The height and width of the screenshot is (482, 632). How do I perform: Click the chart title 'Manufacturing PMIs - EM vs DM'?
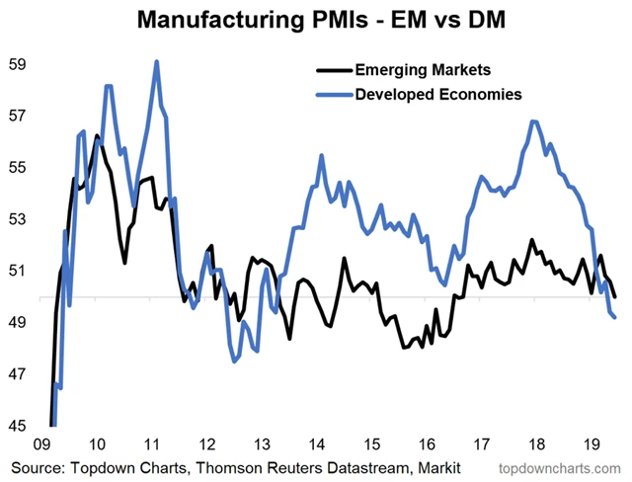click(x=316, y=20)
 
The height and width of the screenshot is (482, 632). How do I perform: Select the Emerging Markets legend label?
click(x=418, y=70)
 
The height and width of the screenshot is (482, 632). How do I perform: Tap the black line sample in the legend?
click(x=333, y=70)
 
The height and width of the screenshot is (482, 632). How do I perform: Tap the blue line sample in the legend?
click(x=333, y=94)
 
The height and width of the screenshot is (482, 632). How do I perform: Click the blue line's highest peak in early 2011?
click(x=157, y=62)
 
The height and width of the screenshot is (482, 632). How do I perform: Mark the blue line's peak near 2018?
click(x=533, y=121)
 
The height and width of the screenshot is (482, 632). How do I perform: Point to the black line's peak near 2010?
click(x=97, y=135)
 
